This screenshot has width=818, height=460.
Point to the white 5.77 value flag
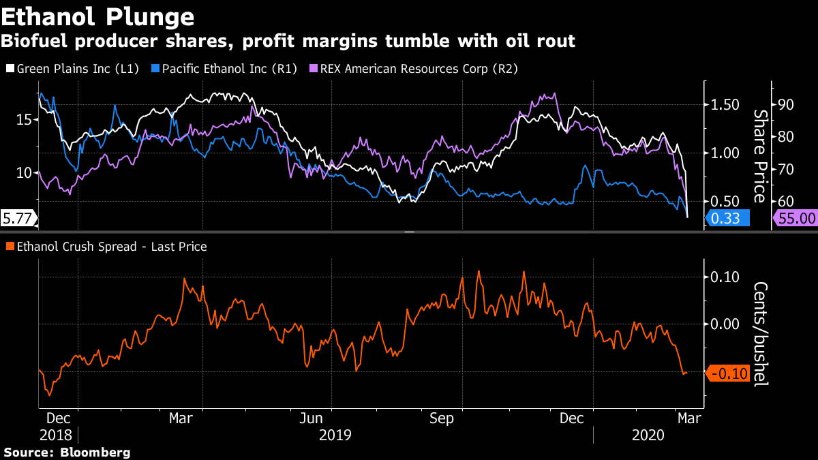[x=18, y=219]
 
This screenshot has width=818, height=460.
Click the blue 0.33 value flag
[x=727, y=219]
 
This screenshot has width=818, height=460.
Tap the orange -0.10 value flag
[x=728, y=373]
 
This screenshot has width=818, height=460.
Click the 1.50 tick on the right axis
[x=725, y=105]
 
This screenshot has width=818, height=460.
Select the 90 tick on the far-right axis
[x=786, y=105]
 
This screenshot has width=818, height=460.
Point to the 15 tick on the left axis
[x=23, y=120]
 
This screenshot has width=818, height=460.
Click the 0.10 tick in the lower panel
[x=725, y=277]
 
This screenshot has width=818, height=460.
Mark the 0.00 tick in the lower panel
[x=725, y=324]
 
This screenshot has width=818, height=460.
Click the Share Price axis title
[x=759, y=155]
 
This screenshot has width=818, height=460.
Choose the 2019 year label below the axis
[x=335, y=434]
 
